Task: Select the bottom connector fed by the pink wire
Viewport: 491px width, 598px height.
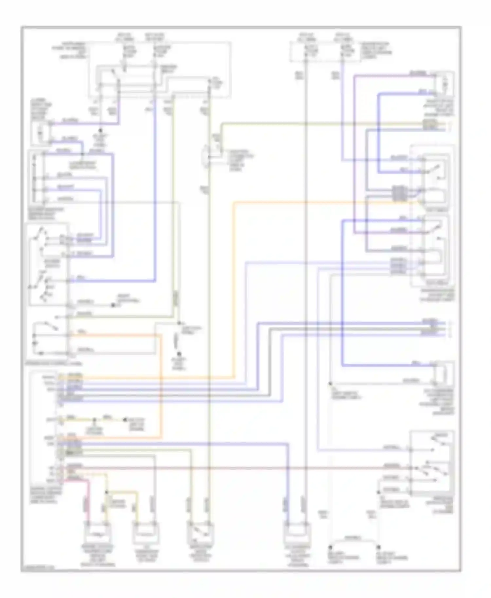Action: pos(97,533)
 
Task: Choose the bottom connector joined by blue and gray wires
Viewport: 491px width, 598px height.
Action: pos(297,533)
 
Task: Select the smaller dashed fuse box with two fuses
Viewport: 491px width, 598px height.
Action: pos(324,51)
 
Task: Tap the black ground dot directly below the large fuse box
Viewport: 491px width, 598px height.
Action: pos(101,130)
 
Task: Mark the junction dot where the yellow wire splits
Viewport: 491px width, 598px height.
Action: pos(106,492)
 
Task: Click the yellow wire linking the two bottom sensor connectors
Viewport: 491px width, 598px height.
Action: pos(122,492)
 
